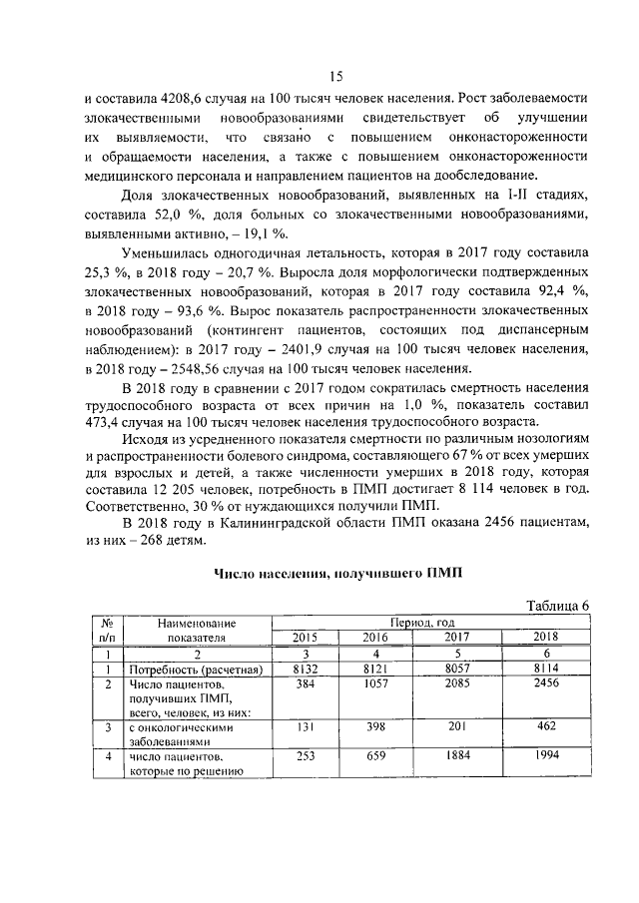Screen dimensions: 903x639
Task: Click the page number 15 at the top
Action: pos(336,78)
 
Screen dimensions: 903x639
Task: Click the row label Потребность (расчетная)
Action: pos(195,669)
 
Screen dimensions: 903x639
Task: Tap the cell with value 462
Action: pos(545,727)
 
